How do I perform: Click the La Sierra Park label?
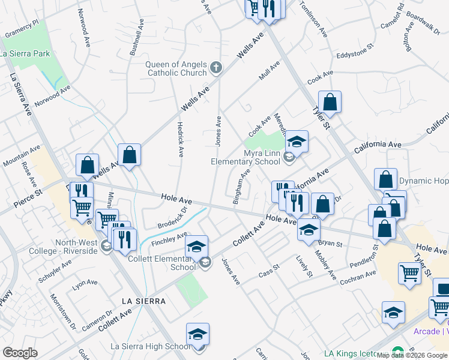tap(25, 54)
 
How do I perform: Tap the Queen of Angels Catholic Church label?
tap(176, 69)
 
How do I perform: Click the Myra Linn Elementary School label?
tap(246, 157)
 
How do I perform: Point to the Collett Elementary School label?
tap(161, 263)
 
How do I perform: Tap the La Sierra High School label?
tap(151, 346)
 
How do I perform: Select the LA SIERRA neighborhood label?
tap(142, 301)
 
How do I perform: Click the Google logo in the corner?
tap(20, 352)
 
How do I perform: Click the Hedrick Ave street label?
tap(179, 140)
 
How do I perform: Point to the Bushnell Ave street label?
tap(137, 38)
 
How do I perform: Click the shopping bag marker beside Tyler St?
tap(330, 101)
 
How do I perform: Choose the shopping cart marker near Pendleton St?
tap(409, 272)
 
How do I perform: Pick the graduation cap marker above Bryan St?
tap(309, 230)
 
